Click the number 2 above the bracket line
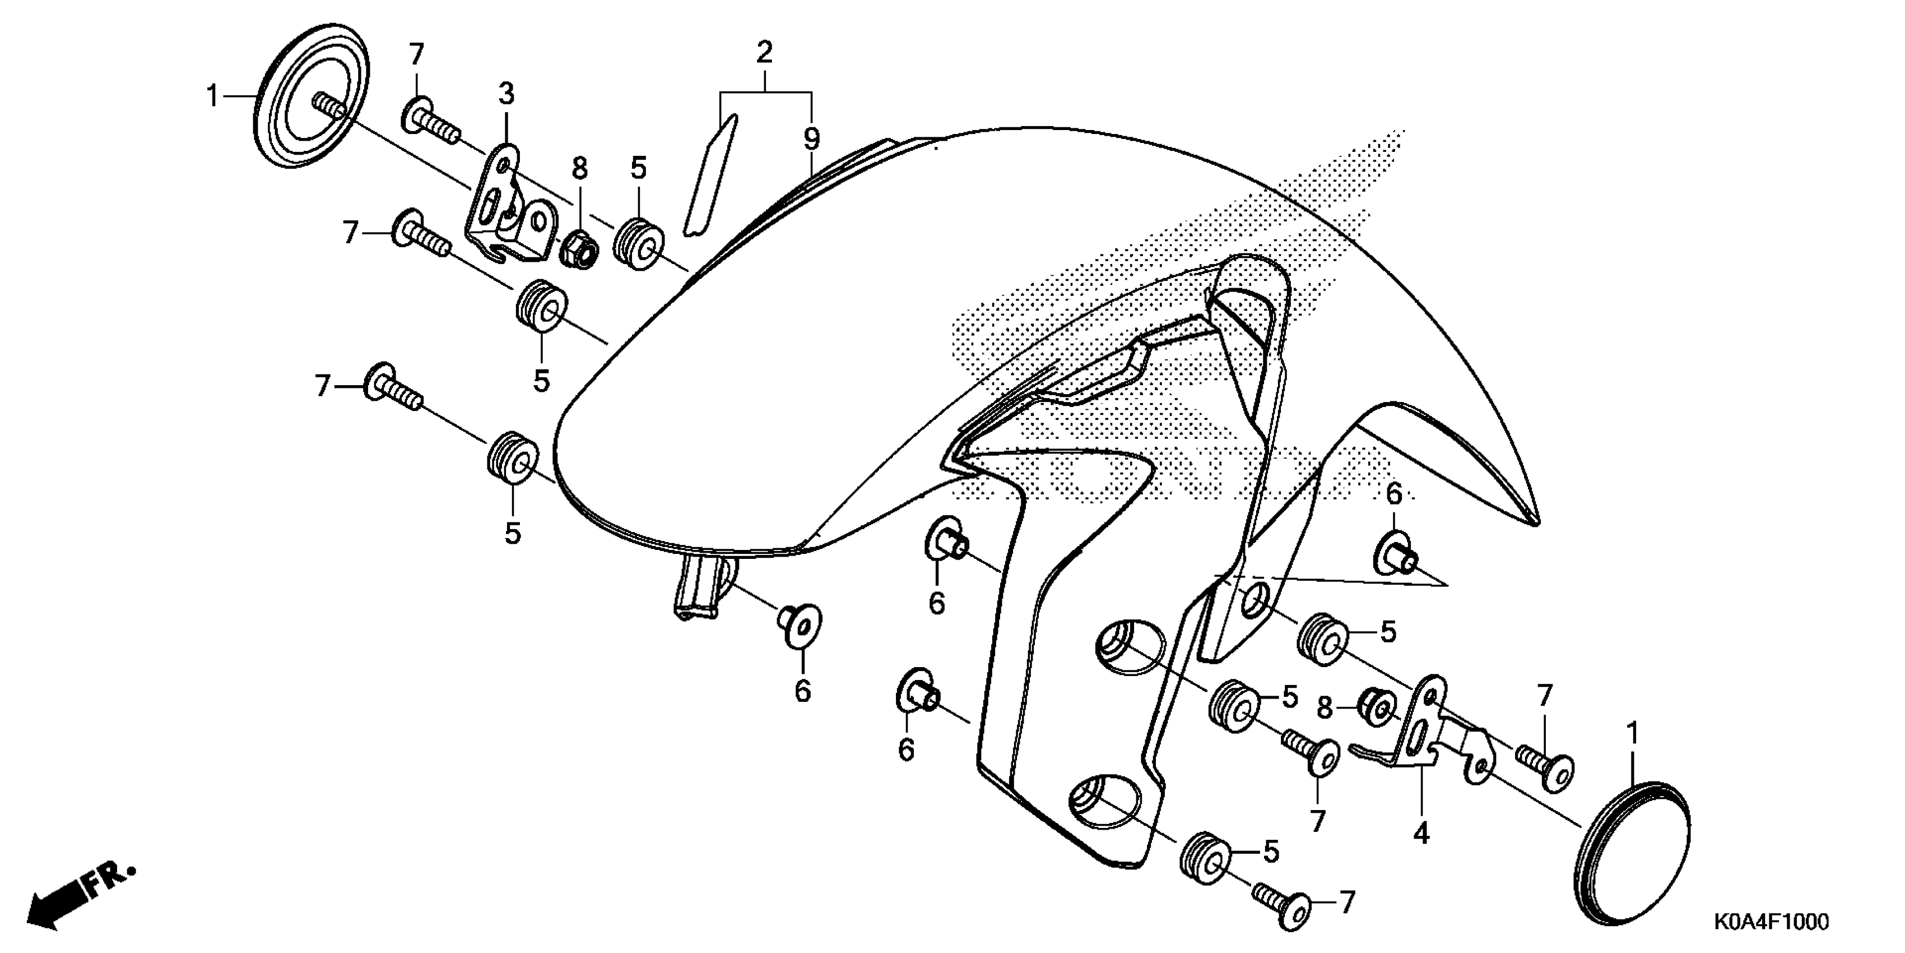[x=764, y=52]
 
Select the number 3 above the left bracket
[x=506, y=94]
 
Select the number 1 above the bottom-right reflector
[x=1632, y=734]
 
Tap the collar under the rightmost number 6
[x=1394, y=555]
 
